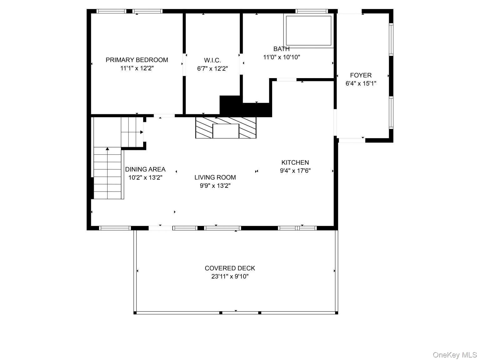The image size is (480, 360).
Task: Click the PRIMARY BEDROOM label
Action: (x=137, y=60)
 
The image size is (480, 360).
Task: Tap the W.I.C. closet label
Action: (x=212, y=60)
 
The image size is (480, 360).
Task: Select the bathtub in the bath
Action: (x=308, y=31)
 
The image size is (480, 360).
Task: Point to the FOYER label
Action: (x=361, y=75)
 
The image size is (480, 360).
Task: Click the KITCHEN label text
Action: (x=295, y=162)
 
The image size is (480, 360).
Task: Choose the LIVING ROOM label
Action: (x=215, y=177)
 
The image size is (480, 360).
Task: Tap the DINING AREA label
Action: (x=145, y=169)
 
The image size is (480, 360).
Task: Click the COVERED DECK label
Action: (x=230, y=268)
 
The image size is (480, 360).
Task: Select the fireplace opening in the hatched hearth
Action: (x=226, y=131)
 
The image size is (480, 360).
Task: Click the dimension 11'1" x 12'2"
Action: (x=137, y=68)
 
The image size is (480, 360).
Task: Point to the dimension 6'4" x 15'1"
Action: (x=361, y=83)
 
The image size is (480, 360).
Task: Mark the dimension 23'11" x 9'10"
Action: (x=230, y=277)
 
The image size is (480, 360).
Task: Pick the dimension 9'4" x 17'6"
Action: (x=295, y=171)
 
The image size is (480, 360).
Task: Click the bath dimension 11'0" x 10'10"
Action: (x=282, y=57)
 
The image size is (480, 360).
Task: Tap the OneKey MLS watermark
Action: (x=455, y=355)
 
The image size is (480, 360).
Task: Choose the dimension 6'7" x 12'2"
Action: (x=212, y=69)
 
